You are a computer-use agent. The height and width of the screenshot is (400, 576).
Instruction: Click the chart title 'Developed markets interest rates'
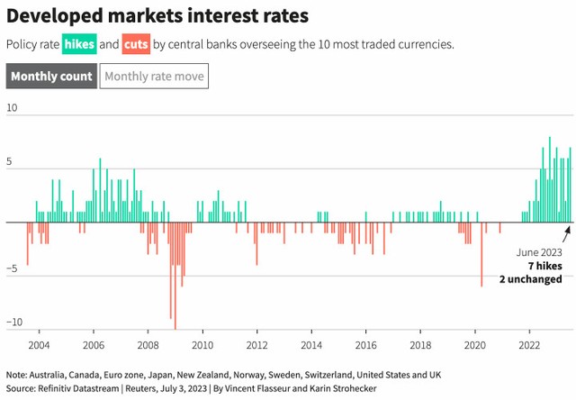click(x=157, y=15)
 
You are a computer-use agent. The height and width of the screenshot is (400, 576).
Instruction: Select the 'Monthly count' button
click(x=51, y=77)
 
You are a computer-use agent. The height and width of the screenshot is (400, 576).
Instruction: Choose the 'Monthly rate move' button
click(x=155, y=77)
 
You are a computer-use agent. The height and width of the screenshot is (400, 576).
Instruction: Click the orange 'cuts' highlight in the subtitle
click(x=136, y=44)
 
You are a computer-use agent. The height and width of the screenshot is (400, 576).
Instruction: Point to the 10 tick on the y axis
click(x=12, y=108)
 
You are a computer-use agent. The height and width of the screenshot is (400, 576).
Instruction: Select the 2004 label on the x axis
click(x=39, y=345)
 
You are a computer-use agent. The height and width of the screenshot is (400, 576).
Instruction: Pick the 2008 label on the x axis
click(x=148, y=345)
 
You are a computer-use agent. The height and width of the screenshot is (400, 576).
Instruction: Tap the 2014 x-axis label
click(x=311, y=345)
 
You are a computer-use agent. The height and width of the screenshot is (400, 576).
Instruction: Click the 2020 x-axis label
click(x=475, y=345)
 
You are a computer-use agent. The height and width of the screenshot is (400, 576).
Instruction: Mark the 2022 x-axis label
click(x=530, y=345)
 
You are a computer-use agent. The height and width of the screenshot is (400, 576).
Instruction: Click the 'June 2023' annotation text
click(x=539, y=253)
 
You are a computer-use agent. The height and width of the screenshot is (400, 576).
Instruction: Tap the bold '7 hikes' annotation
click(x=544, y=267)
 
